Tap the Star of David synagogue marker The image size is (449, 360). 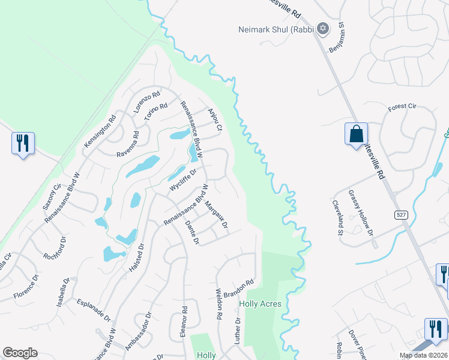322,28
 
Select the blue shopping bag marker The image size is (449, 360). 356,133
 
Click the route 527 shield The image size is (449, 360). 401,214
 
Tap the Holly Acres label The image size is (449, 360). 261,304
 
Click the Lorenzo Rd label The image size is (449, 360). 147,102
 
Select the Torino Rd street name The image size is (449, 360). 155,114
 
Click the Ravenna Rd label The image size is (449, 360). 127,143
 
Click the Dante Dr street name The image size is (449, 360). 192,233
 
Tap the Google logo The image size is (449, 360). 20,353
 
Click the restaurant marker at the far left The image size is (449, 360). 23,143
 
